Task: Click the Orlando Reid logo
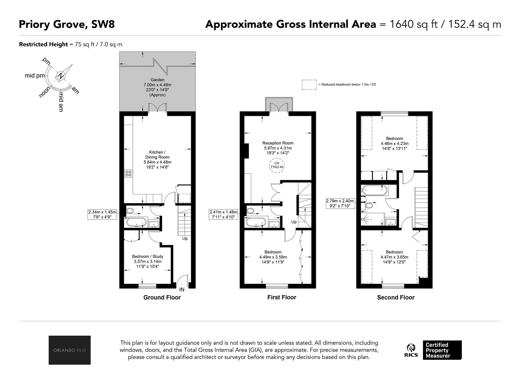click(69, 350)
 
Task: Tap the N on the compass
click(61, 76)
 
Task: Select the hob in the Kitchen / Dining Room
click(128, 173)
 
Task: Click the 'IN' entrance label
click(182, 290)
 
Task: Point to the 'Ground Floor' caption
click(162, 298)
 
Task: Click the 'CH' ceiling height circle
click(277, 165)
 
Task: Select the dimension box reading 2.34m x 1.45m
click(102, 214)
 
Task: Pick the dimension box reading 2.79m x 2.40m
click(340, 203)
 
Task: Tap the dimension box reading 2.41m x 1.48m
click(223, 214)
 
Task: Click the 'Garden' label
click(157, 80)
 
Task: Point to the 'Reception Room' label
click(278, 143)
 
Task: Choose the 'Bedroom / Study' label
click(148, 256)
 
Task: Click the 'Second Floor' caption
click(396, 298)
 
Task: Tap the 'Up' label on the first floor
click(294, 222)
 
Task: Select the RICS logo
click(411, 350)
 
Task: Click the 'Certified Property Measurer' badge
click(442, 350)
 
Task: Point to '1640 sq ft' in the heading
click(413, 25)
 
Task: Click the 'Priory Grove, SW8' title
click(67, 25)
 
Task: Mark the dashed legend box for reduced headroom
click(309, 85)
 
